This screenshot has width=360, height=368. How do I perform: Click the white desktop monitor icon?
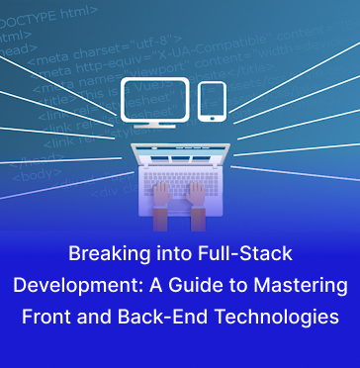pos(153,99)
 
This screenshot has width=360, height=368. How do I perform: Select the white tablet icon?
pos(212,100)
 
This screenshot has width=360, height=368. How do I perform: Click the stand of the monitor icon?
pos(153,128)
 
